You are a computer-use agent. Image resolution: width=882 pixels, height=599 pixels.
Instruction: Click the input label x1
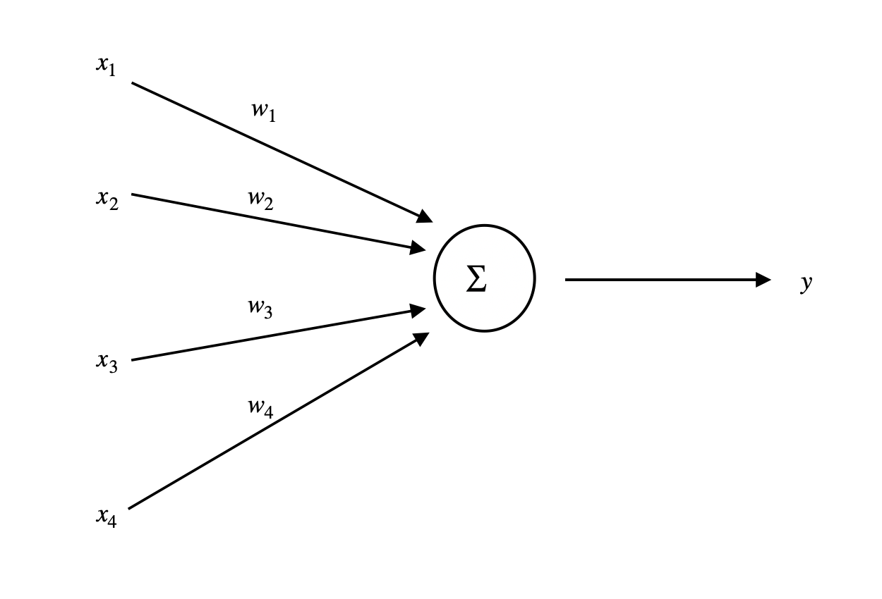(106, 66)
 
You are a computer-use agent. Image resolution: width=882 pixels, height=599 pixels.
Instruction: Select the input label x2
(107, 199)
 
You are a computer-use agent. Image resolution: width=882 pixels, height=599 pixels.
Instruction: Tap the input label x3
(107, 362)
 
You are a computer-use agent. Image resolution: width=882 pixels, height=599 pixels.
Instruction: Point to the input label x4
(107, 517)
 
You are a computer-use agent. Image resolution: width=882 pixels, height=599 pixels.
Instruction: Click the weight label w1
(263, 111)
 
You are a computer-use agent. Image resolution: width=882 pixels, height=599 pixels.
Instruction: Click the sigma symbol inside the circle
(477, 280)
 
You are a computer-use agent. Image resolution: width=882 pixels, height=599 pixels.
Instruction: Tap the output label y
(807, 283)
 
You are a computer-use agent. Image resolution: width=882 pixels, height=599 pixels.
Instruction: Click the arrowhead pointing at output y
(763, 280)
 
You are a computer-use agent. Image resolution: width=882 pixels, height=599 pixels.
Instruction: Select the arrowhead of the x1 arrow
(425, 217)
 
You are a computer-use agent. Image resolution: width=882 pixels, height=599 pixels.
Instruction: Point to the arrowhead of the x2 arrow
(418, 247)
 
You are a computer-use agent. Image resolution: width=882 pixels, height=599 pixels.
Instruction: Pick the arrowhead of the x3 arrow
(418, 310)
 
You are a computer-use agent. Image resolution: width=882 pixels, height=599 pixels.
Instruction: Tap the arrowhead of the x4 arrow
(421, 338)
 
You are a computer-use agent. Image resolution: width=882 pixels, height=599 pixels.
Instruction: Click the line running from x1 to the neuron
(275, 149)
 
